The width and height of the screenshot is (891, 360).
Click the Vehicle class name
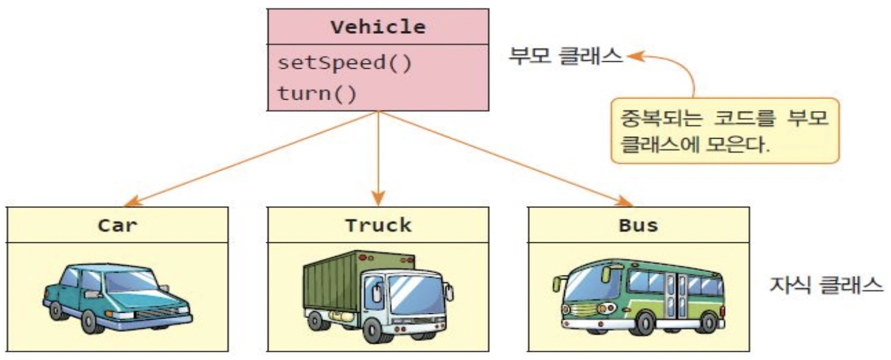pyautogui.click(x=378, y=27)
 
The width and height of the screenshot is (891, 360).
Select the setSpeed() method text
pyautogui.click(x=344, y=62)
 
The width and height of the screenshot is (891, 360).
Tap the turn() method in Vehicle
pyautogui.click(x=316, y=93)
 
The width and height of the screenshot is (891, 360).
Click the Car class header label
pyautogui.click(x=117, y=225)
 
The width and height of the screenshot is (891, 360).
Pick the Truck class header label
pyautogui.click(x=378, y=225)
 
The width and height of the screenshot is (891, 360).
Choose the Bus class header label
pyautogui.click(x=638, y=225)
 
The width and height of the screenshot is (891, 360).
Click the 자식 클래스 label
pyautogui.click(x=827, y=284)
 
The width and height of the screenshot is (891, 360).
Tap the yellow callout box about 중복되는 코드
pyautogui.click(x=725, y=129)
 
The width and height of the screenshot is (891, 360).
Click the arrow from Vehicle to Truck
pyautogui.click(x=379, y=157)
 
